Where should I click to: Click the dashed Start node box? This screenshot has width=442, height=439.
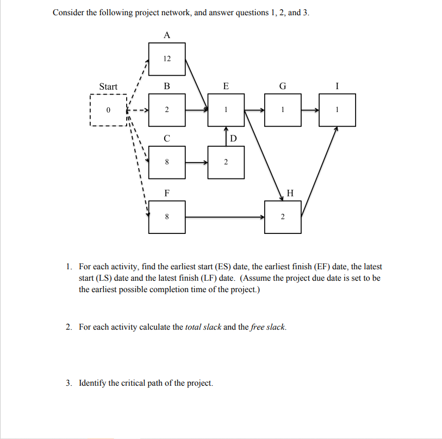point(108,110)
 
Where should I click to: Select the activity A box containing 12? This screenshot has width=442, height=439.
point(166,58)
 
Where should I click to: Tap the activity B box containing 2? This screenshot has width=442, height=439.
point(166,110)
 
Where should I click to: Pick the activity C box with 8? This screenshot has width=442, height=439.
point(166,162)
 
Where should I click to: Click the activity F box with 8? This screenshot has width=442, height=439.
point(166,217)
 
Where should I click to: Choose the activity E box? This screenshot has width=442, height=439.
point(226,110)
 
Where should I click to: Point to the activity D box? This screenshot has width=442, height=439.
point(226,162)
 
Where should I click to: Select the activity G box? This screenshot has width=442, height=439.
point(283,110)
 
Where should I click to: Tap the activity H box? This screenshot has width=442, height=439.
point(283,217)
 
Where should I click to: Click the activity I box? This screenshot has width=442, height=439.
point(338,110)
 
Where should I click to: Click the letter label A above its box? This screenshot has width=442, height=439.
point(166,35)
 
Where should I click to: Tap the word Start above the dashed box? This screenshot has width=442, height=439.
point(108,86)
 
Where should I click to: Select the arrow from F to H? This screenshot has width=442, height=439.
point(225,217)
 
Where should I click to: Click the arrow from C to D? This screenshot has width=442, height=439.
point(196,162)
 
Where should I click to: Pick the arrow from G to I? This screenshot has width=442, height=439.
point(310,110)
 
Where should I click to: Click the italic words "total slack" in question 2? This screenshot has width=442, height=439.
point(203,327)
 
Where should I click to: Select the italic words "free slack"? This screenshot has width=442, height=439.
point(267,327)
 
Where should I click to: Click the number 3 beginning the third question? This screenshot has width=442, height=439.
point(69,383)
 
